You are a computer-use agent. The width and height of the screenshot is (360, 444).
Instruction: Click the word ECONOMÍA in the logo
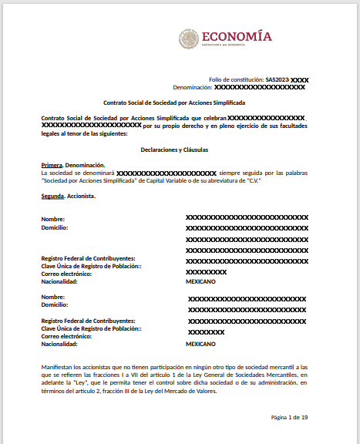click(x=236, y=35)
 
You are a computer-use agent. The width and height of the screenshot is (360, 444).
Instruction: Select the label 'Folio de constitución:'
click(x=237, y=79)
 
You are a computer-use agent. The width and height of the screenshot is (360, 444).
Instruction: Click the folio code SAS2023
click(x=278, y=79)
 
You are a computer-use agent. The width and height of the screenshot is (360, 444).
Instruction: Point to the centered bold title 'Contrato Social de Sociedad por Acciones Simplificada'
click(x=174, y=102)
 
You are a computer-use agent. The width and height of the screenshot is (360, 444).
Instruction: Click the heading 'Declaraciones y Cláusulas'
click(x=174, y=150)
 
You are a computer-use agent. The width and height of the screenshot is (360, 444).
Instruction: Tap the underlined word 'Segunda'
click(x=53, y=196)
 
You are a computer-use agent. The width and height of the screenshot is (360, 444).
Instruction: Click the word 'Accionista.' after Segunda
click(x=82, y=196)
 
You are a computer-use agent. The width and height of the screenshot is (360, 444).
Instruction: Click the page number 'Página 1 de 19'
click(x=289, y=417)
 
